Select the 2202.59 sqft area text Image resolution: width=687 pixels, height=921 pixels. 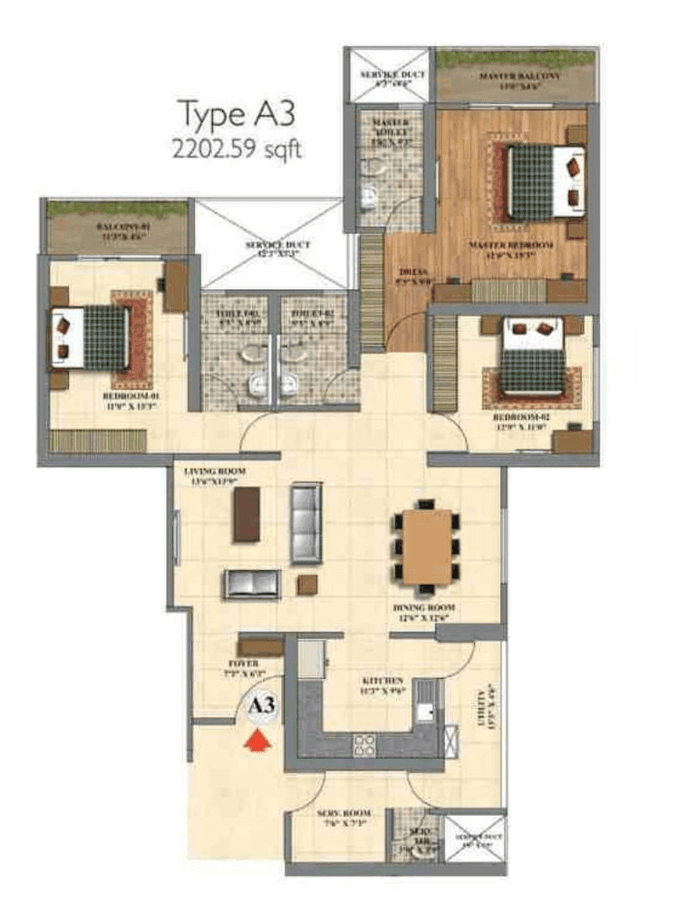pos(237,149)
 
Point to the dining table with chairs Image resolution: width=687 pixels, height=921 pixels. pos(427,547)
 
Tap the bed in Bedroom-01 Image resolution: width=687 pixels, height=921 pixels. pos(92,336)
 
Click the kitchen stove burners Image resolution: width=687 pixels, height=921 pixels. pos(364,745)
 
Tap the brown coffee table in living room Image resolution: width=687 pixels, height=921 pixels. pos(247,515)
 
